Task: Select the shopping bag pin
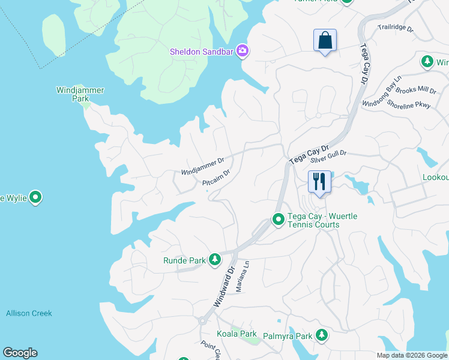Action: pos(325,41)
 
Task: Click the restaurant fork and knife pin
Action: pos(319,181)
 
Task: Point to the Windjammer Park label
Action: pos(80,94)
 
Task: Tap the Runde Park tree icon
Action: pos(215,260)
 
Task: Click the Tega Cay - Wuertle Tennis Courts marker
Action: pos(279,220)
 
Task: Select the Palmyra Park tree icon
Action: pos(322,335)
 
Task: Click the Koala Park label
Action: pos(237,334)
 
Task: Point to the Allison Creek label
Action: pos(29,313)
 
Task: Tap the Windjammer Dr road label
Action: pos(203,166)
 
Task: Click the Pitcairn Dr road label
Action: pos(216,178)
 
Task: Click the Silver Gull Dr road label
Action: pos(328,157)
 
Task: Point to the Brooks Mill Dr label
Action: pos(415,90)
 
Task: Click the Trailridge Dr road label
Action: pos(396,28)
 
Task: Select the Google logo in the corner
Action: pos(20,353)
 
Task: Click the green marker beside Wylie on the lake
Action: pos(35,197)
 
